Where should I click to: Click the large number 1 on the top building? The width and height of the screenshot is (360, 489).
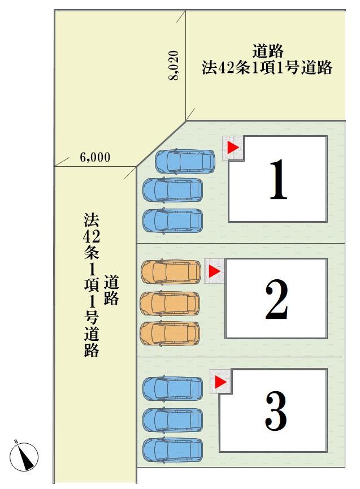pyautogui.click(x=277, y=180)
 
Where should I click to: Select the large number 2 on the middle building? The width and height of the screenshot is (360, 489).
pyautogui.click(x=277, y=299)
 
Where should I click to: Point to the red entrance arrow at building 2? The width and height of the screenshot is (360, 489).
pyautogui.click(x=214, y=271)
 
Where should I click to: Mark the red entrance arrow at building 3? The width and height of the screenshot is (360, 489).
pyautogui.click(x=220, y=382)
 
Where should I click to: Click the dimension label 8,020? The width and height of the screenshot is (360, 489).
pyautogui.click(x=175, y=66)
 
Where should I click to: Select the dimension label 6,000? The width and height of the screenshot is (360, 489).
pyautogui.click(x=95, y=158)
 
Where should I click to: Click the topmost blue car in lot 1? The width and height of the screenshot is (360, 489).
pyautogui.click(x=184, y=161)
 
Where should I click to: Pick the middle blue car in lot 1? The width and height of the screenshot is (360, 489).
pyautogui.click(x=172, y=190)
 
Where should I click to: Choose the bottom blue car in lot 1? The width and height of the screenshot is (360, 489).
pyautogui.click(x=172, y=220)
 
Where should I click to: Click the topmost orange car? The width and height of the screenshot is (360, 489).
pyautogui.click(x=170, y=272)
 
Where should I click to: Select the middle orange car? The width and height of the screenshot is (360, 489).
pyautogui.click(x=170, y=304)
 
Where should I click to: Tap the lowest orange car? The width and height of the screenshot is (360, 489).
pyautogui.click(x=170, y=333)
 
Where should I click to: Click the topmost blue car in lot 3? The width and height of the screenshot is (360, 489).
pyautogui.click(x=172, y=389)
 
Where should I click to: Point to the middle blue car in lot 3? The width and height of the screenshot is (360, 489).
pyautogui.click(x=172, y=420)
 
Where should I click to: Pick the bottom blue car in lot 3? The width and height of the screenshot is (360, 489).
pyautogui.click(x=172, y=450)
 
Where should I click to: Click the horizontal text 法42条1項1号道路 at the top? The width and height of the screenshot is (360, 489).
pyautogui.click(x=267, y=68)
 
